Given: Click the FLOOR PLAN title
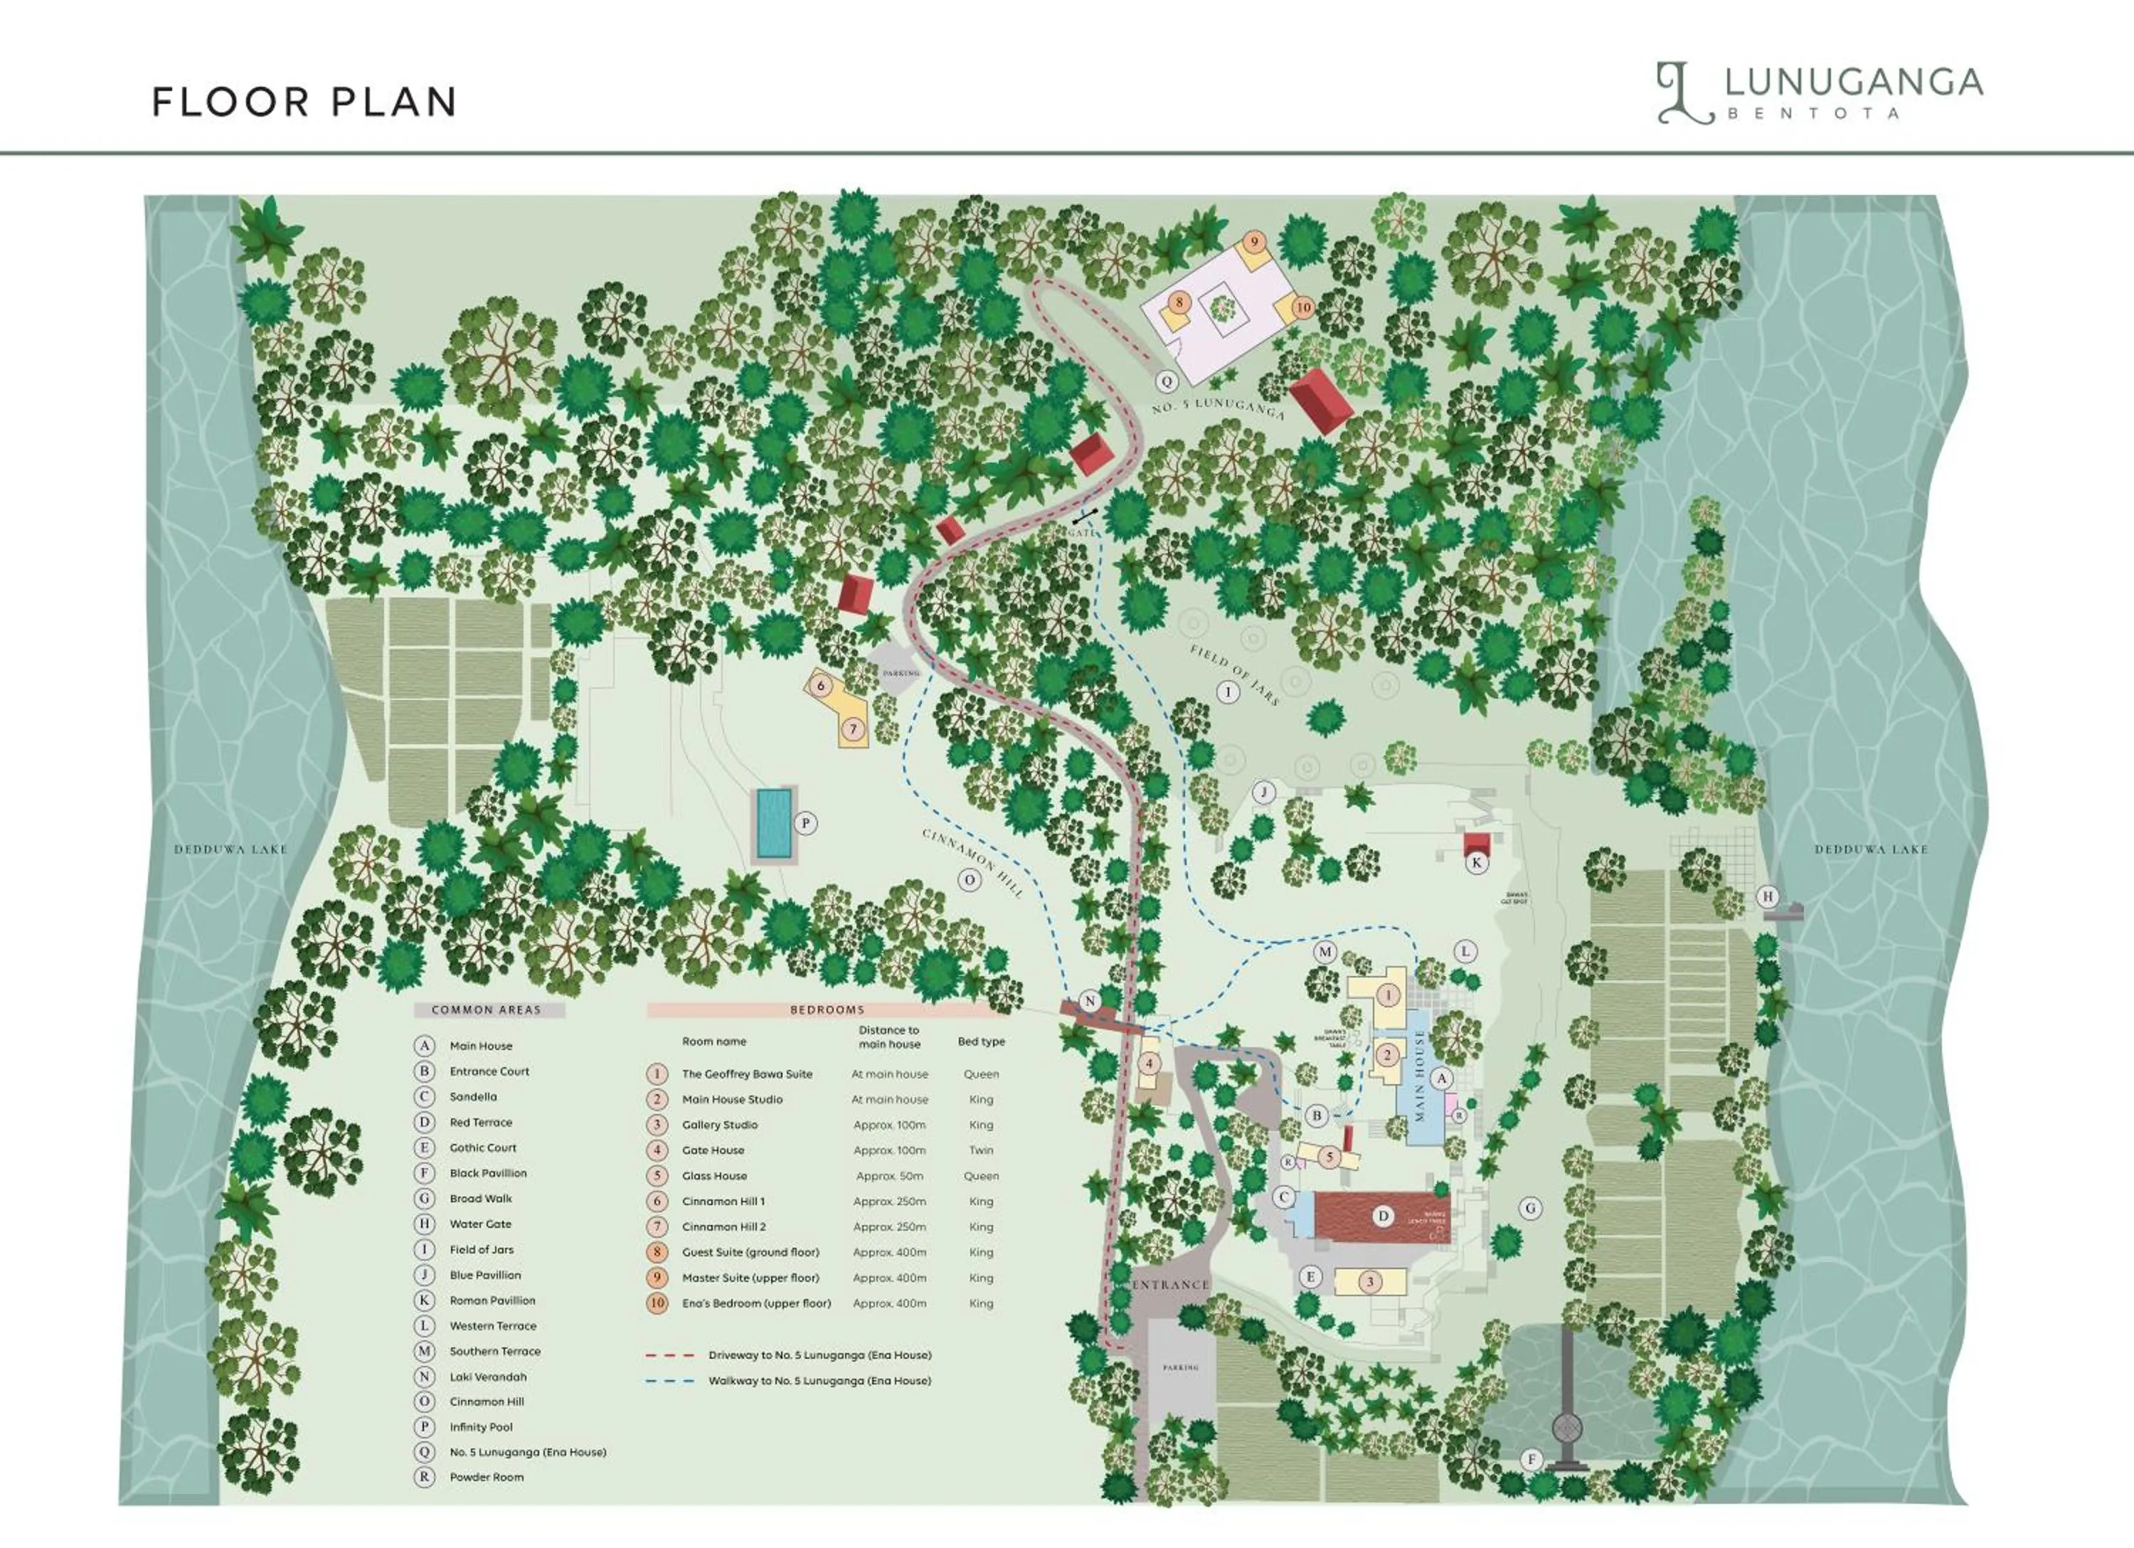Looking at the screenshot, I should (304, 102).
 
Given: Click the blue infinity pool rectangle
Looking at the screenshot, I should (773, 823).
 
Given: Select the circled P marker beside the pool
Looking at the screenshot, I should (805, 823).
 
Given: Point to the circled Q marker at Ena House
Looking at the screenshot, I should (1167, 381).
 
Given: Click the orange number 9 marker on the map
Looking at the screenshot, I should (1253, 242).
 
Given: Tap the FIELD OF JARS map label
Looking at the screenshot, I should (1234, 674).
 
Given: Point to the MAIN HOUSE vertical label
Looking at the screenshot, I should (1420, 1076).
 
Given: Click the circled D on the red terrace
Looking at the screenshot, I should (1383, 1216).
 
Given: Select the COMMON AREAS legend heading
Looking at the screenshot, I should (487, 1009).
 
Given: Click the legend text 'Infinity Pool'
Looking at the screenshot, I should (481, 1426).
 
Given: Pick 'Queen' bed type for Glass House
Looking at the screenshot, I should (980, 1176).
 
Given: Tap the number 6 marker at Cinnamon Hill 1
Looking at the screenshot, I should (820, 686).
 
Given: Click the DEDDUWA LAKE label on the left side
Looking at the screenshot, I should (230, 849).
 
